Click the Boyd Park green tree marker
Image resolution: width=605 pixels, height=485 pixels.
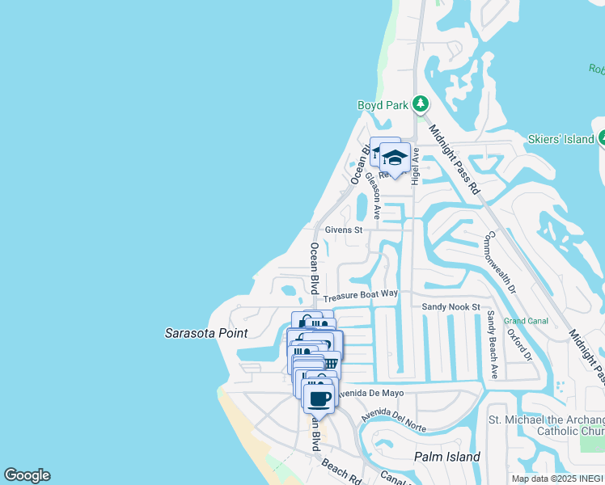420,104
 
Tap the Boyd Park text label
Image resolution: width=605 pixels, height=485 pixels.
383,105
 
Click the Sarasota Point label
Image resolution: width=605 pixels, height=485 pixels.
206,333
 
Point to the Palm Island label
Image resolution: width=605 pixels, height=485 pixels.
447,457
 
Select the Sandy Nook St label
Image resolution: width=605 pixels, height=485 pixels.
451,307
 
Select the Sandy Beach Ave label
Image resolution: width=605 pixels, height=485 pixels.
491,344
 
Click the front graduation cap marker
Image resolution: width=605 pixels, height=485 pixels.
395,158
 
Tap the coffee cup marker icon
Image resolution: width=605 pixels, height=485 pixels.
319,398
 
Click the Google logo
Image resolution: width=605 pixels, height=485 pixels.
27,475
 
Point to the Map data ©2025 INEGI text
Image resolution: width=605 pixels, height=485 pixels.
557,479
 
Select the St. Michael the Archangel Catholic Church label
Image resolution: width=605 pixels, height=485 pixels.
547,425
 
